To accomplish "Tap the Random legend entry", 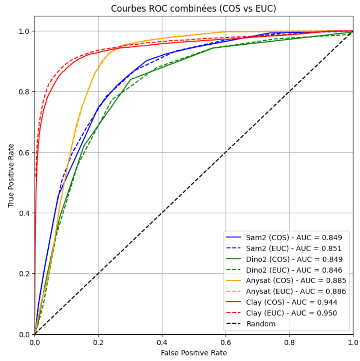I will click(261, 324).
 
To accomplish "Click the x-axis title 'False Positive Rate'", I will click(194, 352).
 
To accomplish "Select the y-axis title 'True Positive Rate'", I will click(11, 175).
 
